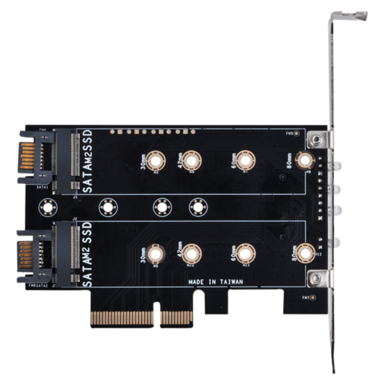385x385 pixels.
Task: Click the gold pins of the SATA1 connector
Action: (28, 156)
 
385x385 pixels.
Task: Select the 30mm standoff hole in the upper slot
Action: (156, 161)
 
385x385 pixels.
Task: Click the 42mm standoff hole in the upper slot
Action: (191, 161)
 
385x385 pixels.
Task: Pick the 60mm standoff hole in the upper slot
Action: (246, 161)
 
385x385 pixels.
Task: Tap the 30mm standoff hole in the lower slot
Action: (156, 254)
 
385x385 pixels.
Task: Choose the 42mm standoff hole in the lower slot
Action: (191, 254)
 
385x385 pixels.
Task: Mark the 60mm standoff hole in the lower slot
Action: (246, 254)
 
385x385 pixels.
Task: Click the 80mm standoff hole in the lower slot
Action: (305, 254)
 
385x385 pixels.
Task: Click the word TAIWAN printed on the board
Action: (231, 282)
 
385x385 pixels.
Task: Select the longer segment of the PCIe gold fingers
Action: (122, 318)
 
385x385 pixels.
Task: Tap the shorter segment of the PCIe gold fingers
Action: (176, 318)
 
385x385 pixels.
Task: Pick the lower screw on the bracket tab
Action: (316, 278)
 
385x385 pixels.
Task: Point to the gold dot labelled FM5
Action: (296, 134)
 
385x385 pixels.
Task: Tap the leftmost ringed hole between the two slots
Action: (47, 207)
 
